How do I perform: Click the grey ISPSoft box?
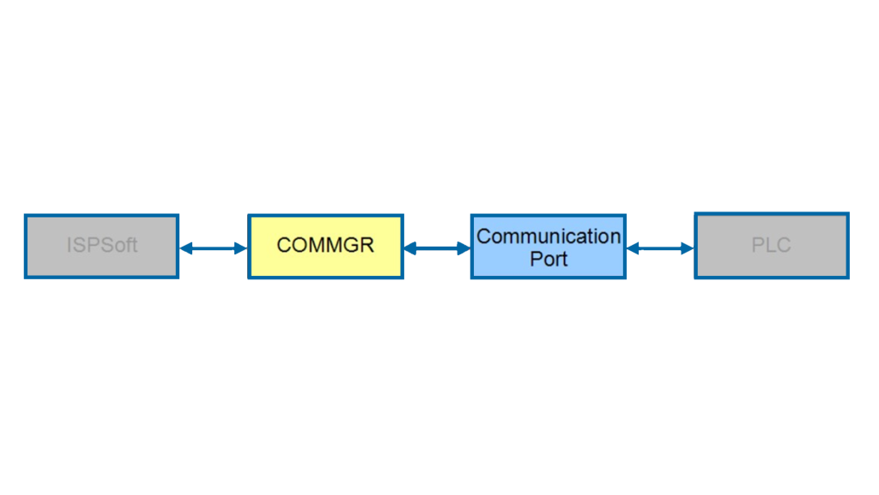pyautogui.click(x=101, y=247)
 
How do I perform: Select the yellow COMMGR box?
pyautogui.click(x=325, y=247)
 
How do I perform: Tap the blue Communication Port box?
pyautogui.click(x=549, y=247)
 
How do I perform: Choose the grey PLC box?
pyautogui.click(x=772, y=246)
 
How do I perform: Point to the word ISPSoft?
pyautogui.click(x=102, y=245)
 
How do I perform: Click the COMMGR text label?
pyautogui.click(x=325, y=245)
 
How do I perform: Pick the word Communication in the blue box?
pyautogui.click(x=549, y=236)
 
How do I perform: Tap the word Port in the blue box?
pyautogui.click(x=549, y=259)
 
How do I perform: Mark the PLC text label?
pyautogui.click(x=772, y=245)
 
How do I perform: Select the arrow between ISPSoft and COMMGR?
pyautogui.click(x=214, y=248)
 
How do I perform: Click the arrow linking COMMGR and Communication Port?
pyautogui.click(x=437, y=248)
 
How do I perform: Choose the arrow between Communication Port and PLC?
pyautogui.click(x=660, y=248)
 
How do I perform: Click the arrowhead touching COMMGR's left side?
pyautogui.click(x=241, y=248)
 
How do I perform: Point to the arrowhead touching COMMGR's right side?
pyautogui.click(x=410, y=248)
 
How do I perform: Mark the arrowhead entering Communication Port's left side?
pyautogui.click(x=464, y=248)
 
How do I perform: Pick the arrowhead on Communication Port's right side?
pyautogui.click(x=633, y=248)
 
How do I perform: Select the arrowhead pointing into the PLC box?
pyautogui.click(x=688, y=248)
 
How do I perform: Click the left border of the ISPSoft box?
pyautogui.click(x=26, y=247)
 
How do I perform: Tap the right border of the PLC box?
pyautogui.click(x=848, y=246)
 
